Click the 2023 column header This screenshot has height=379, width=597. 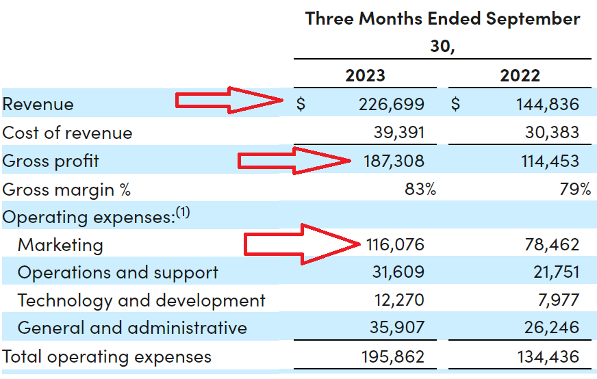pyautogui.click(x=366, y=75)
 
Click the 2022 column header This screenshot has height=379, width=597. pyautogui.click(x=520, y=75)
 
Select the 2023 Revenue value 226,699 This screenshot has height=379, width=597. pyautogui.click(x=391, y=105)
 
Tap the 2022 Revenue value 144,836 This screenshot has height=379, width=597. pyautogui.click(x=546, y=105)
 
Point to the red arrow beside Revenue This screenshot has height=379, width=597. pyautogui.click(x=229, y=102)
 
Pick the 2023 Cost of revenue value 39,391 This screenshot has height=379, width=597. pyautogui.click(x=396, y=133)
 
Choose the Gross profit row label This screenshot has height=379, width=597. pyautogui.click(x=51, y=161)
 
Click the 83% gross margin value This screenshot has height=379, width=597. pyautogui.click(x=420, y=189)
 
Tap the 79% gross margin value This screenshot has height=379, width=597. pyautogui.click(x=575, y=189)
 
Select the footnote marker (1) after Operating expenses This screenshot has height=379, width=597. pyautogui.click(x=182, y=213)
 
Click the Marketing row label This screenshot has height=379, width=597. pyautogui.click(x=60, y=245)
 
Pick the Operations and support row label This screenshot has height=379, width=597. pyautogui.click(x=118, y=273)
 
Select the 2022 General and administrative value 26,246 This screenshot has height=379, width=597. pyautogui.click(x=551, y=328)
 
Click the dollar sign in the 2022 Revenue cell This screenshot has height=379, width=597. pyautogui.click(x=456, y=105)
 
